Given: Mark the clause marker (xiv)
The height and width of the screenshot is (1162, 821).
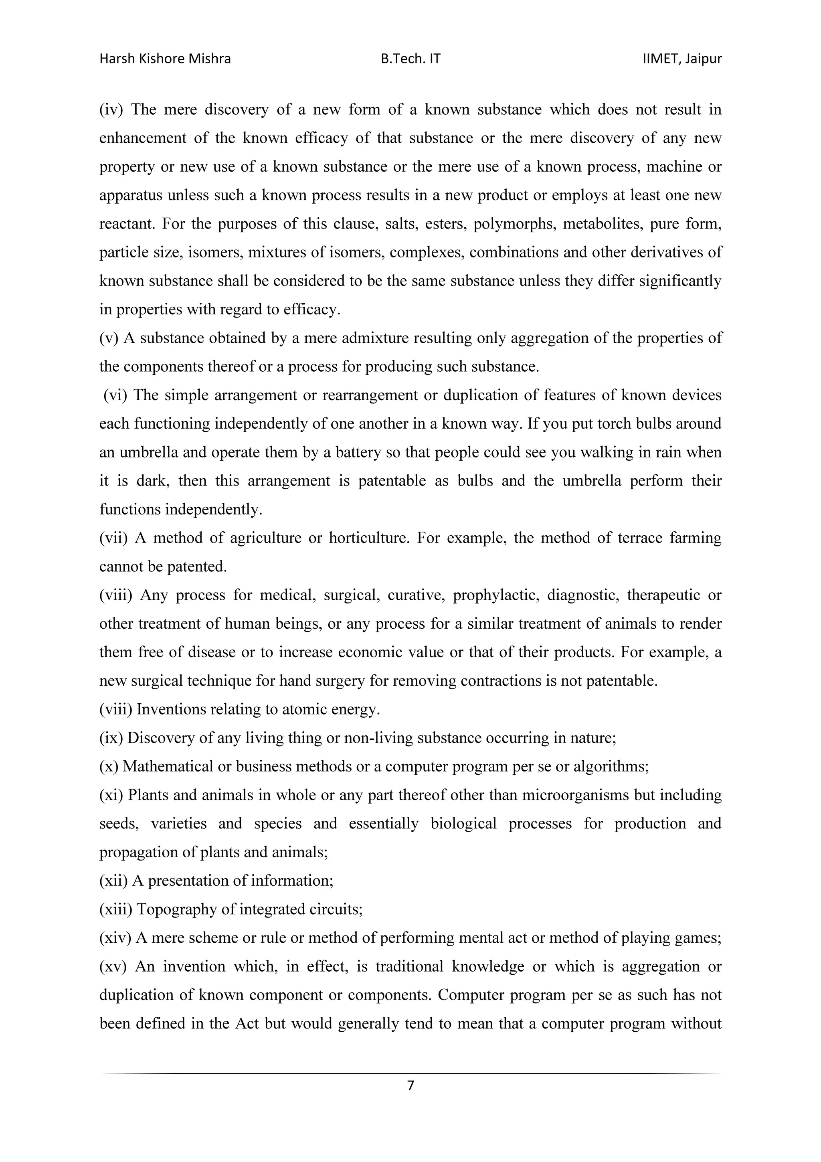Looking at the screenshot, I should point(115,938).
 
